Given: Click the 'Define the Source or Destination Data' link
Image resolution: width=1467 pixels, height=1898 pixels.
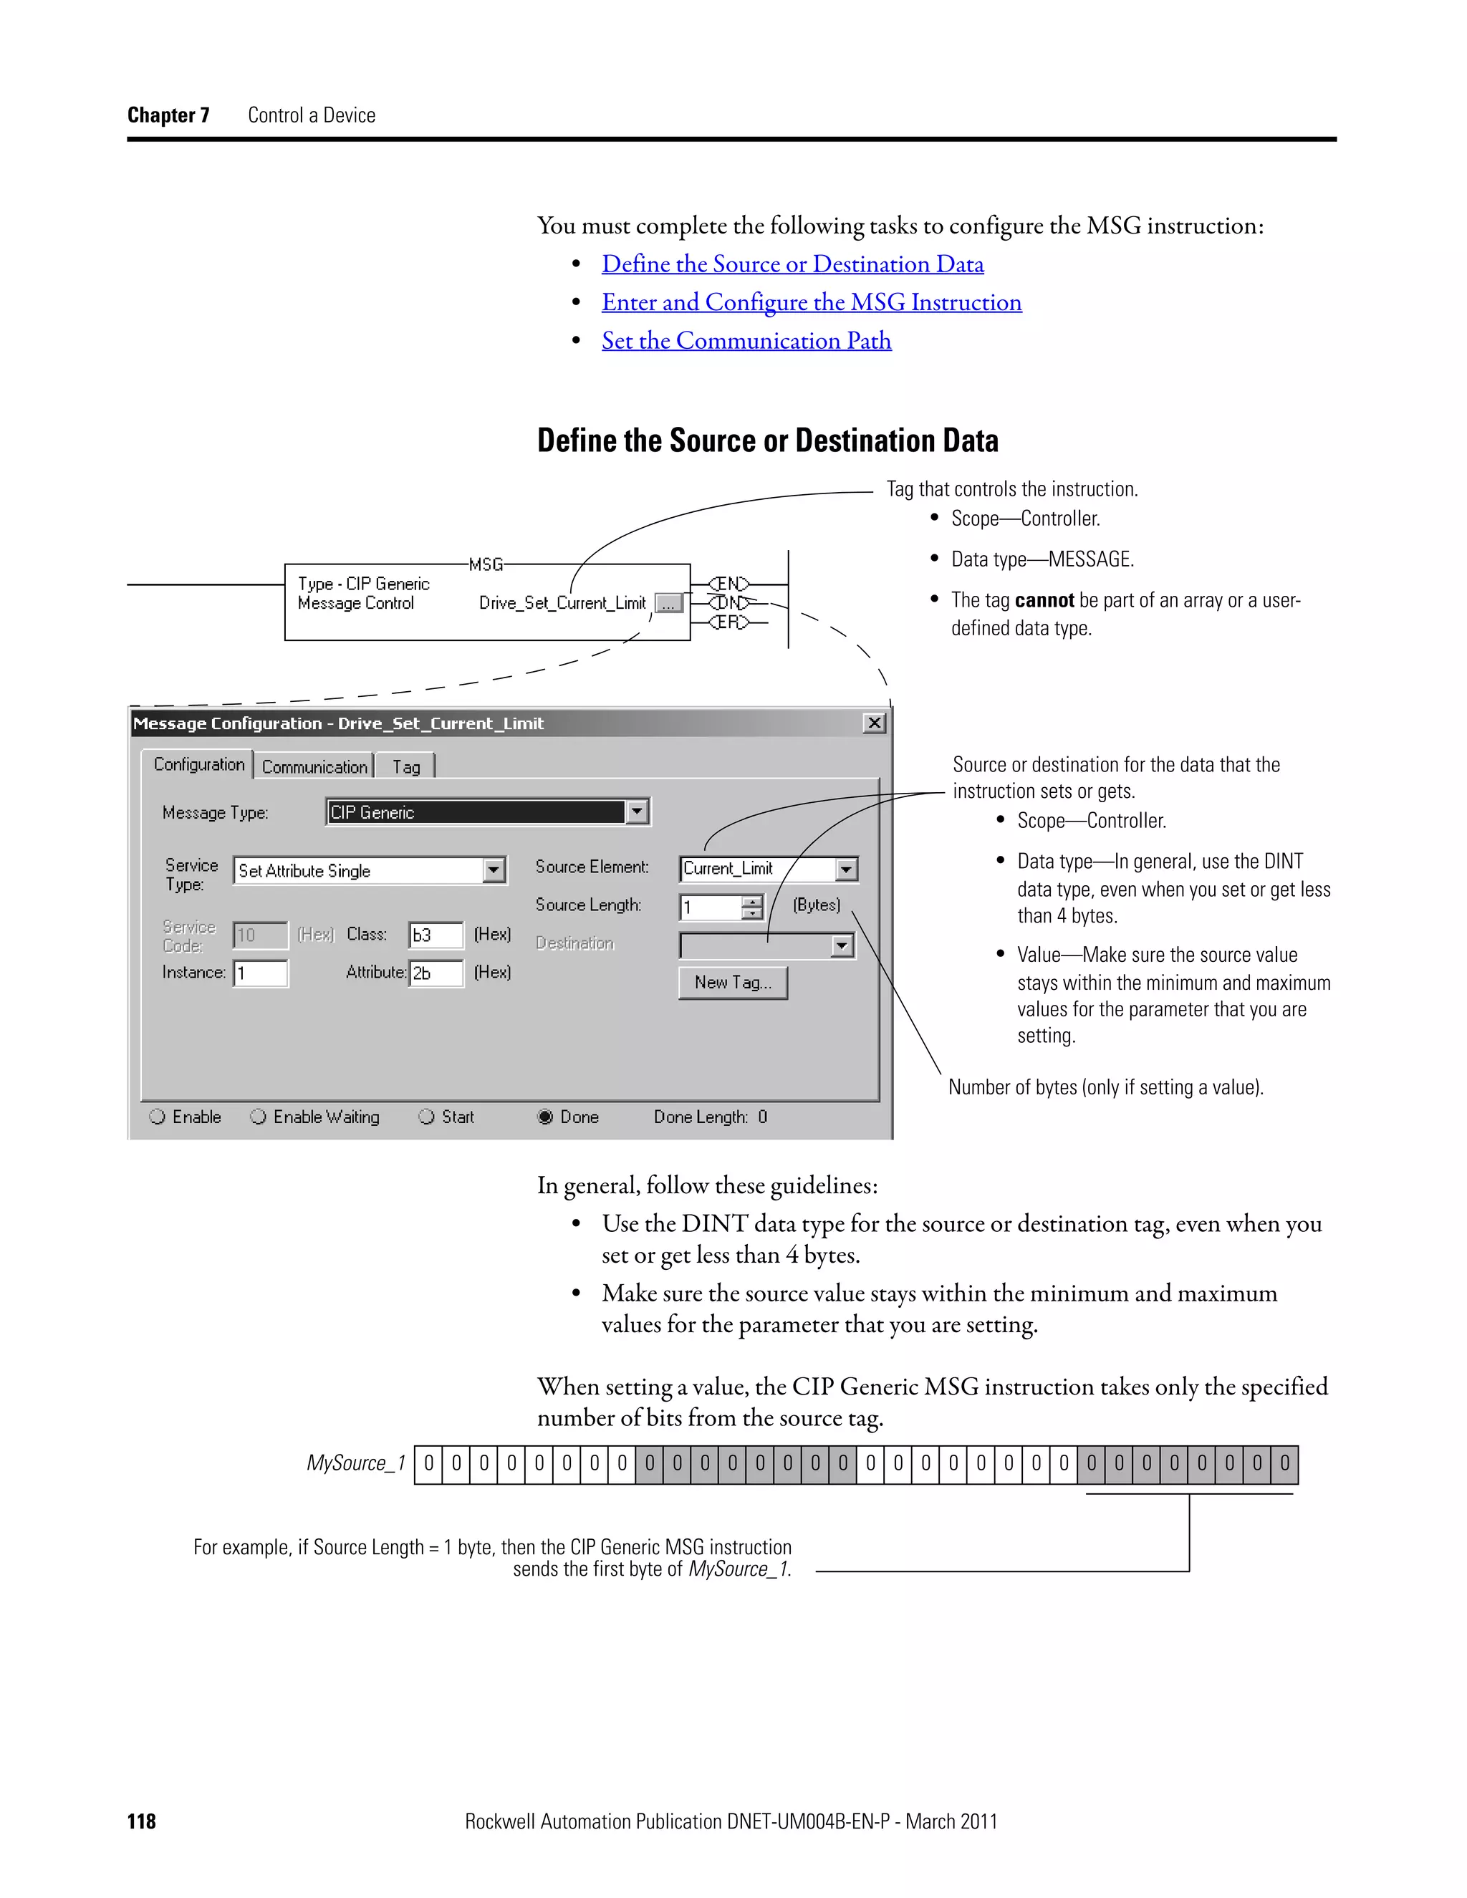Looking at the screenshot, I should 793,264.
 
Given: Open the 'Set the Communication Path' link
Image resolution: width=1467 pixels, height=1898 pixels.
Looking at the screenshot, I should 746,341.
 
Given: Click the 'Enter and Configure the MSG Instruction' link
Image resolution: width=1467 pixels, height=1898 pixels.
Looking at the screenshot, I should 812,302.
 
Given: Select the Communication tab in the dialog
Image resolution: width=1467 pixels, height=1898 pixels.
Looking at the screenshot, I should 314,766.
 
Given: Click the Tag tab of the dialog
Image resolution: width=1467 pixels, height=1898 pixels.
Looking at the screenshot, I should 406,766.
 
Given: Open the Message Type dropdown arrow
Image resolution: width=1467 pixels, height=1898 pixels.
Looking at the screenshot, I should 637,811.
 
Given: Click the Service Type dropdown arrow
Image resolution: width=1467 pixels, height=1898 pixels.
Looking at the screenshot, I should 494,870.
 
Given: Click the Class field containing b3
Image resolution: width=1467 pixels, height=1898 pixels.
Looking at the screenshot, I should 436,935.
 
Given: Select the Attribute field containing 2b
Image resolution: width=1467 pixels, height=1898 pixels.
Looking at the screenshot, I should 436,973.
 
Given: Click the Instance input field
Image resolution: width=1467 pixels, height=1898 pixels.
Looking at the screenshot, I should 261,973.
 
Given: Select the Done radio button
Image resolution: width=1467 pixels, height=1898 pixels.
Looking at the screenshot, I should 546,1117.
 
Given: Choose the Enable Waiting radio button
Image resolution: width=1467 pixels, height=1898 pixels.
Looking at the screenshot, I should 258,1117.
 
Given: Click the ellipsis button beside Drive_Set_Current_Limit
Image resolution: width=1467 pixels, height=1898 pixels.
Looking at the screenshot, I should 668,603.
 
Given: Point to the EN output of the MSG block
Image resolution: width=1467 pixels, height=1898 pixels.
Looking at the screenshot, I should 728,583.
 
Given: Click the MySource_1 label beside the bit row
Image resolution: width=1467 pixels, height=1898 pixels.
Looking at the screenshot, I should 355,1463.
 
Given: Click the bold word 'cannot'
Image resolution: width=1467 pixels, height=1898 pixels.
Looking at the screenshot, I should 1044,600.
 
